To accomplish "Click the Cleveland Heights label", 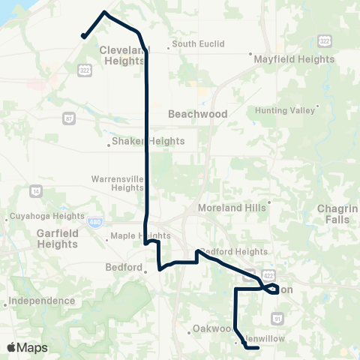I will tap(121, 55).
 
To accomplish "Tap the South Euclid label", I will tap(198, 44).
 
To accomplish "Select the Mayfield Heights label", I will tap(293, 58).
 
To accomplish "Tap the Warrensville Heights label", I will tap(117, 183).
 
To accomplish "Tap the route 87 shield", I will tap(69, 118).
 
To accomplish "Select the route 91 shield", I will tap(276, 319).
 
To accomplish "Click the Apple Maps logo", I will tap(28, 347).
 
